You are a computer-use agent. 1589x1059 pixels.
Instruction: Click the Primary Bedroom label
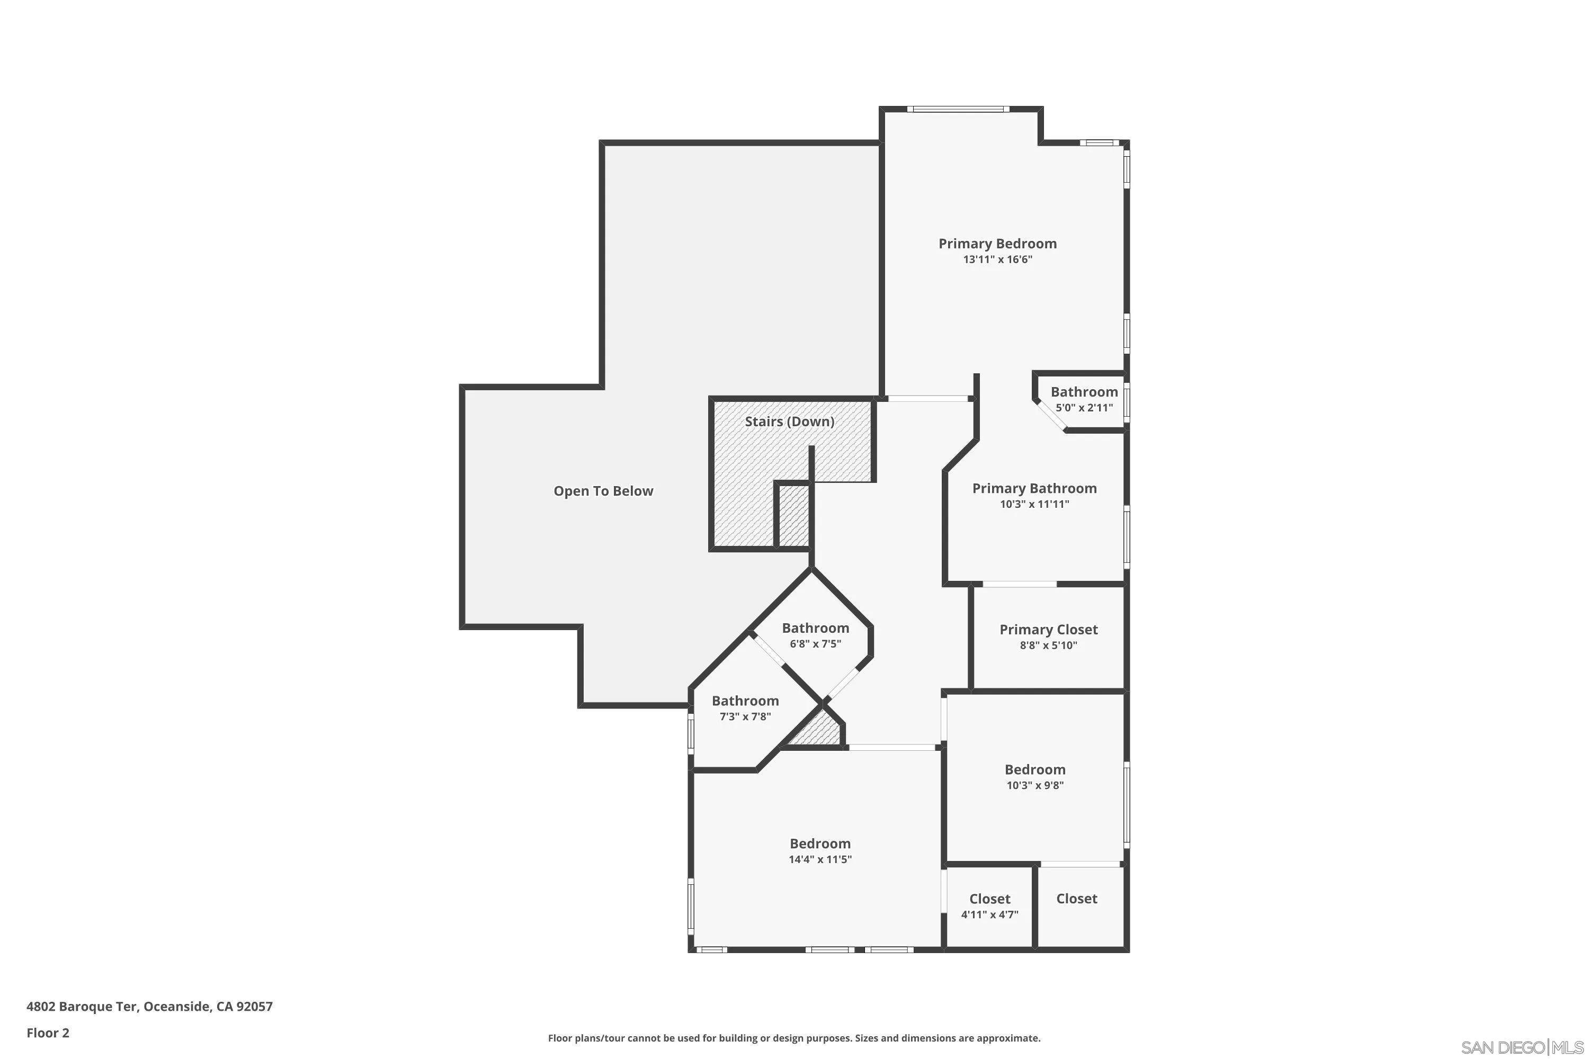(997, 244)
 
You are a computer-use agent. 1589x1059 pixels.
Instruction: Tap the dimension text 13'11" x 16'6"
(997, 260)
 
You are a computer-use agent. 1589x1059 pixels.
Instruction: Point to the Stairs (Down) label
(789, 422)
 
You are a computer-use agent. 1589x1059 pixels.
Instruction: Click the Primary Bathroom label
(1034, 488)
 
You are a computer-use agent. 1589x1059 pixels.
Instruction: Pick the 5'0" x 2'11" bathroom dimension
(1084, 408)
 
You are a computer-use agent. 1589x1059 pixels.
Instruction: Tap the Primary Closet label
(1049, 630)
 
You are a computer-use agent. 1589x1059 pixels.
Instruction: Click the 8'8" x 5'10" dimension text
(1049, 645)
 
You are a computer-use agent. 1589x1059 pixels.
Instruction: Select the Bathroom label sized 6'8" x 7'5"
(816, 628)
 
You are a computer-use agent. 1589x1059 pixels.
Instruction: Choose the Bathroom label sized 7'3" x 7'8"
(745, 701)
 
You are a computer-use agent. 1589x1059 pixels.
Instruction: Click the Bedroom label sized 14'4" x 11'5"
(820, 843)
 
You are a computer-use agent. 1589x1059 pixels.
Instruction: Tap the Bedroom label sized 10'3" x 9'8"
(1035, 769)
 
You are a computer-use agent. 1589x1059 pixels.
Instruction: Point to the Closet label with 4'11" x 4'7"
(990, 899)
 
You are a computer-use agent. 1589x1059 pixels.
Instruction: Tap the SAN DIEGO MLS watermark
(1523, 1047)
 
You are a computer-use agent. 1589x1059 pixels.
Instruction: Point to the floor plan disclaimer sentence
(794, 1038)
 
